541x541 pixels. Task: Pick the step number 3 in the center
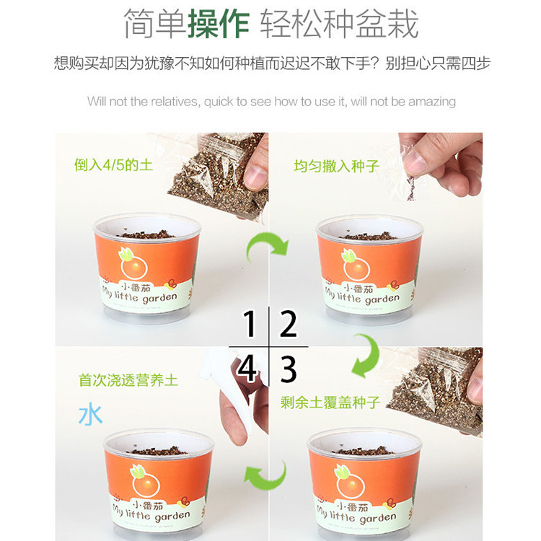pos(289,369)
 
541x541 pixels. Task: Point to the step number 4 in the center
pos(247,369)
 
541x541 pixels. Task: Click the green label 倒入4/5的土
pos(113,165)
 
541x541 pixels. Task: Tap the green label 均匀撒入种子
pos(336,167)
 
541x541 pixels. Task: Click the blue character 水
pos(90,415)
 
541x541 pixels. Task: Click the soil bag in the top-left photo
pos(215,173)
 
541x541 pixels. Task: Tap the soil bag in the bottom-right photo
pos(433,390)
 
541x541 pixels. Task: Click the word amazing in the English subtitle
pos(431,102)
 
